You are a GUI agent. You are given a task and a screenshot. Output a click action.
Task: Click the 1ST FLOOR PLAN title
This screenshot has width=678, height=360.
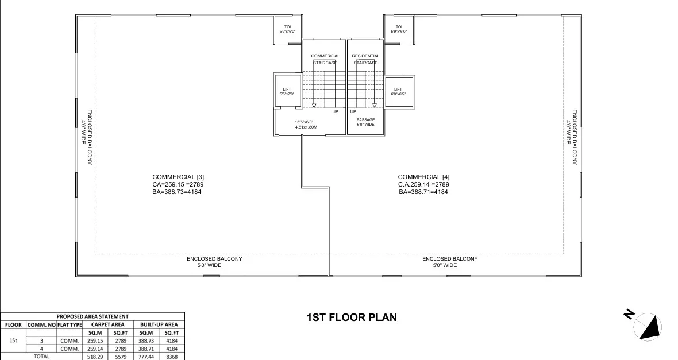coord(352,317)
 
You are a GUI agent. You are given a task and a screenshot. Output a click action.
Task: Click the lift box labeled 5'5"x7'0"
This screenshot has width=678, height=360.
coord(287,91)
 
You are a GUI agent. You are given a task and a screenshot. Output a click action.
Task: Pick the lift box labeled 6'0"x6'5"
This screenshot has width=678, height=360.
coord(398,91)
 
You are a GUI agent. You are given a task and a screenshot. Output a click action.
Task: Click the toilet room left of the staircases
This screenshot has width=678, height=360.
coord(287,29)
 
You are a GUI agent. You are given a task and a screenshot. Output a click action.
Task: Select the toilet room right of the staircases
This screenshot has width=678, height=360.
coord(398,29)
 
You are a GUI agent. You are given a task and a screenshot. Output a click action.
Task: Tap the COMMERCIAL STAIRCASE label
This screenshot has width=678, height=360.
coord(325,59)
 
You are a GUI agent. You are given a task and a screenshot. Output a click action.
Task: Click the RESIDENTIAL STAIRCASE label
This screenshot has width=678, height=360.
coord(365,59)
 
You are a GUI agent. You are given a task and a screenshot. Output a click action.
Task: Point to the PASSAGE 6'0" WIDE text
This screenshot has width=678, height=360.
coord(365,122)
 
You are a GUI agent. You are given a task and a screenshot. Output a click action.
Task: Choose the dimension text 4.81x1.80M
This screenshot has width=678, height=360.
coord(306,127)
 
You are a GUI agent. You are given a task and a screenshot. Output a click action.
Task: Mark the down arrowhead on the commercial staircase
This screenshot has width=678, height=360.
coord(314,106)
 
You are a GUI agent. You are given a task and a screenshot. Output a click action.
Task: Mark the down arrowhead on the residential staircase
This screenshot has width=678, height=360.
coord(374,106)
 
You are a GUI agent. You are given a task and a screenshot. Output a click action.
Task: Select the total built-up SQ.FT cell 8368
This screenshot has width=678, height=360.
coord(171,356)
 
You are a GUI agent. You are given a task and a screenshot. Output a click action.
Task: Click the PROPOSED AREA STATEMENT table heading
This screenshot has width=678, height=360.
coord(93,316)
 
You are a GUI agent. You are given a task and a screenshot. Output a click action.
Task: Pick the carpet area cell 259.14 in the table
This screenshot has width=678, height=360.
coord(95,349)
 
